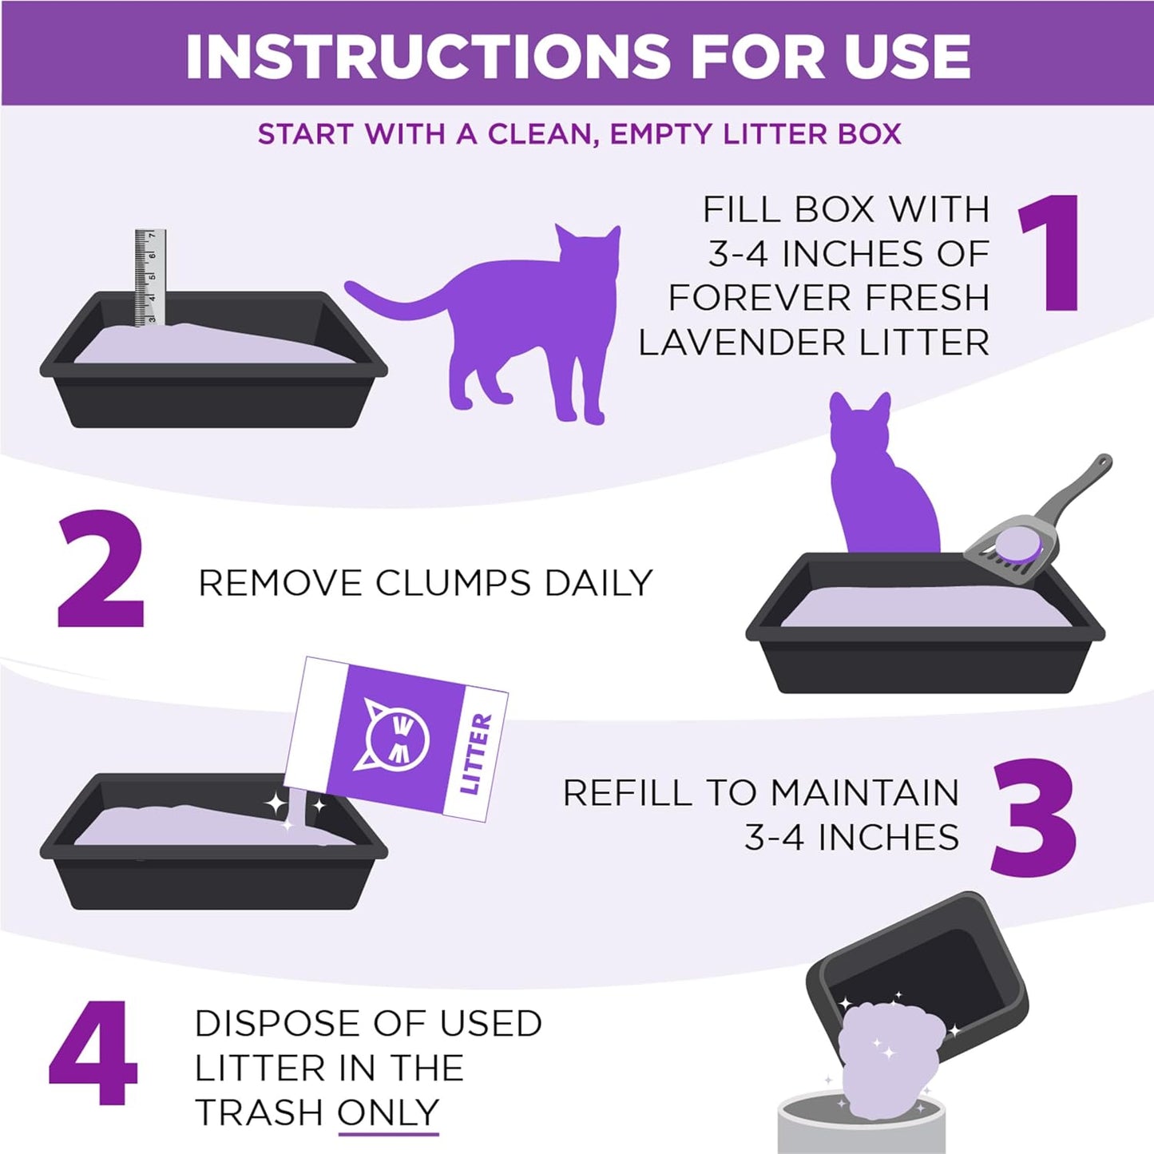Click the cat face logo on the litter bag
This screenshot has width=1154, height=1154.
tap(397, 732)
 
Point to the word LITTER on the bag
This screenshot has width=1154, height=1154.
tap(476, 754)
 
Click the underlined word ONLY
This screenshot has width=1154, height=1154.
tap(388, 1112)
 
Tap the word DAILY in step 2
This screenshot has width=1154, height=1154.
tap(598, 583)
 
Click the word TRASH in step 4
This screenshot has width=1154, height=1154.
tap(259, 1112)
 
